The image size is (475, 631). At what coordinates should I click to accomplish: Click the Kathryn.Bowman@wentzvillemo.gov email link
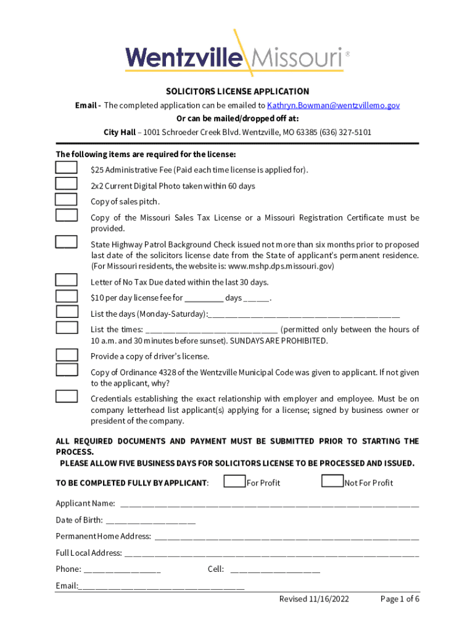pyautogui.click(x=333, y=105)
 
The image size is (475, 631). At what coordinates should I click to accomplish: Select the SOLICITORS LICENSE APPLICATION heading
pyautogui.click(x=238, y=91)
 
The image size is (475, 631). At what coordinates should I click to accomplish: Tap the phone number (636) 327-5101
pyautogui.click(x=345, y=132)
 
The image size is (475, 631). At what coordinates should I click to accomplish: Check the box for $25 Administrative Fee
pyautogui.click(x=66, y=168)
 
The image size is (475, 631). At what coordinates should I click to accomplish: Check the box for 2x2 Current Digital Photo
pyautogui.click(x=66, y=183)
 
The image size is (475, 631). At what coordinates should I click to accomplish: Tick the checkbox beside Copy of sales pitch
pyautogui.click(x=66, y=199)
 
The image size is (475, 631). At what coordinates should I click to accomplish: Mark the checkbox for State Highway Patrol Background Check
pyautogui.click(x=66, y=242)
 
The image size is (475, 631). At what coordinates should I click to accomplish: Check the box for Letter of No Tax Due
pyautogui.click(x=66, y=280)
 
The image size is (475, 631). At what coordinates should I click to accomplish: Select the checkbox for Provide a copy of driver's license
pyautogui.click(x=66, y=354)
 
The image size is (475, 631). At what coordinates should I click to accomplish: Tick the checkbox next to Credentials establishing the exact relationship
pyautogui.click(x=66, y=396)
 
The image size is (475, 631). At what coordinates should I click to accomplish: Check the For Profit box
pyautogui.click(x=234, y=481)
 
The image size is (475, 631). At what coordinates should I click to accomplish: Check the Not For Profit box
pyautogui.click(x=332, y=481)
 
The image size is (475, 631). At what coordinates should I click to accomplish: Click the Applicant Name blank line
pyautogui.click(x=269, y=504)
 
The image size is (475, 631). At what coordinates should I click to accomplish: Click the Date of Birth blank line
pyautogui.click(x=151, y=520)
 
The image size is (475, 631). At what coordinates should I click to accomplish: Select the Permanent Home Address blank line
pyautogui.click(x=286, y=537)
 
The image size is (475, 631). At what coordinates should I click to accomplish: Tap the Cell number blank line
pyautogui.click(x=275, y=569)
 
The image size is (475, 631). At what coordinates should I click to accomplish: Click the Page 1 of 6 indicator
pyautogui.click(x=400, y=599)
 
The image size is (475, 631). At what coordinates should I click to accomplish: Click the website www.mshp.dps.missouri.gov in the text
pyautogui.click(x=280, y=266)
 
